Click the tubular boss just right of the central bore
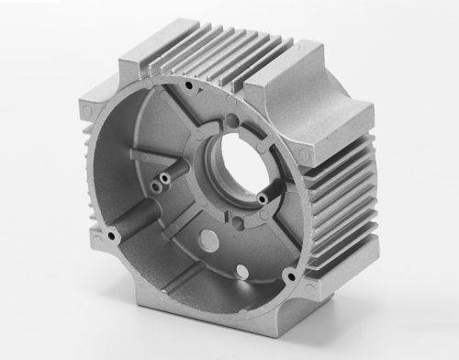263,197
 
